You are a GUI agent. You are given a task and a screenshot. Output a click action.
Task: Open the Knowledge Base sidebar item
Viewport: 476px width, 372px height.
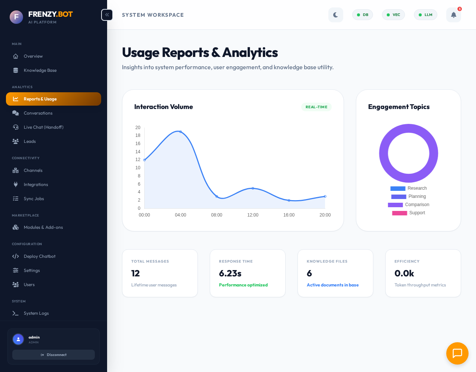point(40,70)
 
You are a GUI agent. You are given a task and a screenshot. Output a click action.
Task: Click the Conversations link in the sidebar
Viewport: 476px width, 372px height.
point(38,113)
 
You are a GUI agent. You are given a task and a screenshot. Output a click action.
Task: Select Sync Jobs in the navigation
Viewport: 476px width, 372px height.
point(33,199)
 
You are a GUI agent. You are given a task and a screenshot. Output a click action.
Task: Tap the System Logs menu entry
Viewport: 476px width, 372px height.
point(36,313)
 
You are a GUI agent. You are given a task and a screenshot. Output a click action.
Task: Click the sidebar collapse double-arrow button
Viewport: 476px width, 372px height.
point(107,15)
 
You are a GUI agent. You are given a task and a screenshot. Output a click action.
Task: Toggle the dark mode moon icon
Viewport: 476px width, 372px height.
point(335,15)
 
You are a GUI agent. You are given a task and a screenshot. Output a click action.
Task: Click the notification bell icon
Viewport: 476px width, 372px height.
point(453,15)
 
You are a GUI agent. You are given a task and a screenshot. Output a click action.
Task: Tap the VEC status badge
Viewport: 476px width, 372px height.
point(393,15)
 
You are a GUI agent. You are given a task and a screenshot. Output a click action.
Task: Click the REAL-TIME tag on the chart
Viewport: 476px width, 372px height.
point(316,107)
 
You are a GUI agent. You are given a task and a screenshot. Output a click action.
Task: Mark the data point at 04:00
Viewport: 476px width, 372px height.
point(181,132)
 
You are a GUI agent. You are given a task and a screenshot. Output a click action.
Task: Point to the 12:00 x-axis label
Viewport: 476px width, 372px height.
point(253,215)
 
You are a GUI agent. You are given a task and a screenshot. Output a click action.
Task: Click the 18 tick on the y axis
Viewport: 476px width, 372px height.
point(138,135)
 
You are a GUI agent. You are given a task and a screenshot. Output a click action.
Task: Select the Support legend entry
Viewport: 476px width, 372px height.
point(417,213)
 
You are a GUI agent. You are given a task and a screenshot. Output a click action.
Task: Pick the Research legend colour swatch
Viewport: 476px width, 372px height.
point(398,189)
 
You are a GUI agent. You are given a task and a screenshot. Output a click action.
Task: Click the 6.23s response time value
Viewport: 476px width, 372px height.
point(230,273)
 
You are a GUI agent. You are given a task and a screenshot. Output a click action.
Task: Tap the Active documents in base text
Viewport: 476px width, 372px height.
point(332,285)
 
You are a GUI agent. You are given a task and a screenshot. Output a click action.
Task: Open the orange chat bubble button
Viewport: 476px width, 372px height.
point(457,353)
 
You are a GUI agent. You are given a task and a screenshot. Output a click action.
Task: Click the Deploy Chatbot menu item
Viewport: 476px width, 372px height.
point(39,256)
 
